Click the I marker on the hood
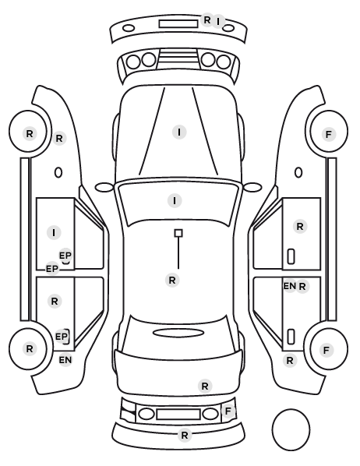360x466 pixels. (x=179, y=132)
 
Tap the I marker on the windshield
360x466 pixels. (x=175, y=200)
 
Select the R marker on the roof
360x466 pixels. (x=172, y=280)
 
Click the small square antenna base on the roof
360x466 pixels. (x=178, y=233)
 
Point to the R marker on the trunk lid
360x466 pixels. (x=205, y=386)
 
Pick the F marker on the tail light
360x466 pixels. (x=228, y=411)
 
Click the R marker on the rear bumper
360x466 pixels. (x=185, y=435)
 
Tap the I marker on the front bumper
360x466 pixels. (x=218, y=21)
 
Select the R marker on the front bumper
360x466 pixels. (x=207, y=20)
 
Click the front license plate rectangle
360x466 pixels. (x=178, y=24)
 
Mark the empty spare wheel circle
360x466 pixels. (x=291, y=429)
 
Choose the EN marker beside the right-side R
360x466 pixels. (x=289, y=286)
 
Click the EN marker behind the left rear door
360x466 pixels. (x=65, y=360)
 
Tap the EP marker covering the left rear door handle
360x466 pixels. (x=62, y=337)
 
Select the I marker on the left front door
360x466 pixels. (x=54, y=232)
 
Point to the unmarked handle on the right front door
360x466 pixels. (x=291, y=256)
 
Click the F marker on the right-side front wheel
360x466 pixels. (x=328, y=134)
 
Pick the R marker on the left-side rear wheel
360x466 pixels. (x=29, y=348)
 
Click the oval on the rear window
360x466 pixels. (x=178, y=333)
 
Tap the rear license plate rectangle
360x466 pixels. (x=178, y=415)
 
